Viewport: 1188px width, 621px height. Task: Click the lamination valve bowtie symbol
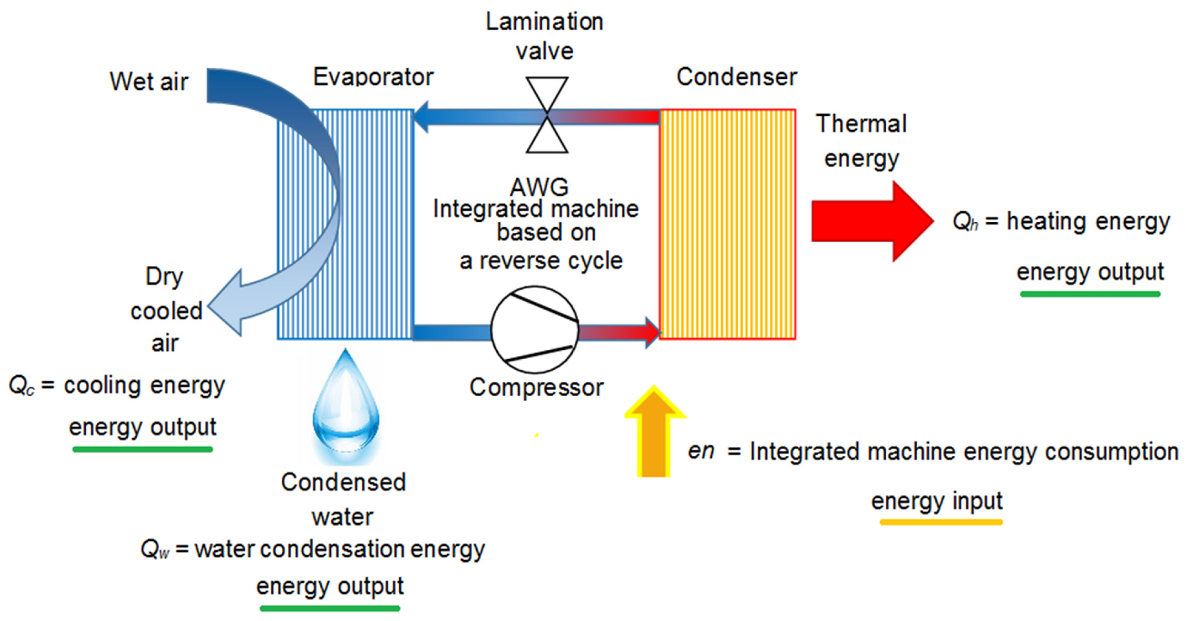point(547,115)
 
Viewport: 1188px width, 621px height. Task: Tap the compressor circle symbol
point(534,329)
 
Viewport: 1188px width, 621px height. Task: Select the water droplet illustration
point(346,406)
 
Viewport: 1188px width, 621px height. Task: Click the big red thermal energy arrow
point(872,222)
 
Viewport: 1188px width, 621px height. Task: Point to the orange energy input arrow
point(654,433)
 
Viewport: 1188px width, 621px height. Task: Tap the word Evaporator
point(373,77)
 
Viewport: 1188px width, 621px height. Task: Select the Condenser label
point(736,77)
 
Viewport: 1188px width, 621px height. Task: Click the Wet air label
point(149,82)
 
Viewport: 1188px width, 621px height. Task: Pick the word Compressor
point(536,387)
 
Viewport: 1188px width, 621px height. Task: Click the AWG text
point(539,187)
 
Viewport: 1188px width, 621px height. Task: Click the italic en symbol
point(701,451)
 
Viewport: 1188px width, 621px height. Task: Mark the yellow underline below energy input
point(941,522)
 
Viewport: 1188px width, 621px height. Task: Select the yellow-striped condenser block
point(727,225)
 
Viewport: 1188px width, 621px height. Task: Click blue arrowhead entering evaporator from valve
point(422,117)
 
